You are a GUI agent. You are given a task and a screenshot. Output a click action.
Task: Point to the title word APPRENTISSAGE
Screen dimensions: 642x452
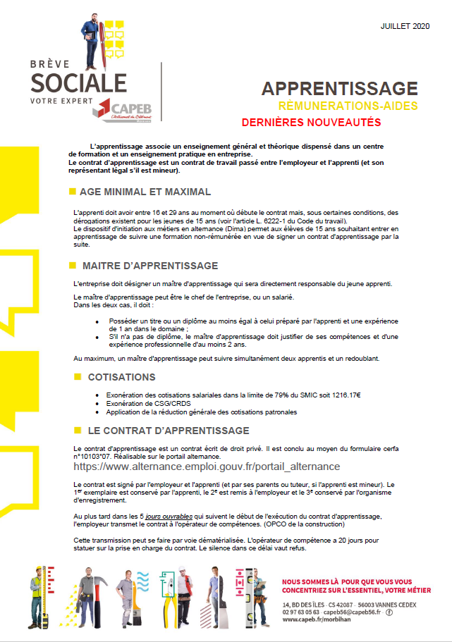point(339,88)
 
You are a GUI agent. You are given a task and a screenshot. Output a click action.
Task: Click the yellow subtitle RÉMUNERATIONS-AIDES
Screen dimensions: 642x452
point(348,106)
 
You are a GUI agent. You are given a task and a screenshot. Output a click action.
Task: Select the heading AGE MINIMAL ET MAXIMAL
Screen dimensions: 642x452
point(146,192)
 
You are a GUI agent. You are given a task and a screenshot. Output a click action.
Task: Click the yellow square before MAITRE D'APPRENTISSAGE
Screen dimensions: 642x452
point(72,266)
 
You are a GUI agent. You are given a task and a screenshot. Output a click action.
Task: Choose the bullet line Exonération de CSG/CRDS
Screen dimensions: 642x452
point(142,404)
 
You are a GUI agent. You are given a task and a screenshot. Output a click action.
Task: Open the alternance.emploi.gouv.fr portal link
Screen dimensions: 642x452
point(207,466)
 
